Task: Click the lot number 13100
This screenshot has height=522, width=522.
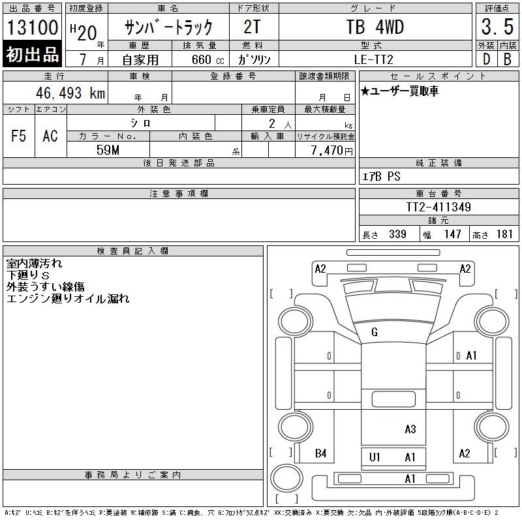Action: click(32, 27)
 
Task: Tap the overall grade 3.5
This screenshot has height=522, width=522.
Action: click(497, 27)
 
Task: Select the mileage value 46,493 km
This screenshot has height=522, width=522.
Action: click(70, 93)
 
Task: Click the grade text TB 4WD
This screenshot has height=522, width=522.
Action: click(375, 27)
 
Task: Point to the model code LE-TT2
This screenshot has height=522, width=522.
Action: click(373, 59)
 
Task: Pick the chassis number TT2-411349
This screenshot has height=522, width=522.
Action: click(438, 207)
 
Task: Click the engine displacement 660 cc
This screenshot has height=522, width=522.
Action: click(207, 60)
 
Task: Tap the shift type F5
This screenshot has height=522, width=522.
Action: click(18, 136)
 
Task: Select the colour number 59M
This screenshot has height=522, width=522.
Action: click(108, 150)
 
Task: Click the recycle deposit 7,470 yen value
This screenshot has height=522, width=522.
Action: click(331, 151)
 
